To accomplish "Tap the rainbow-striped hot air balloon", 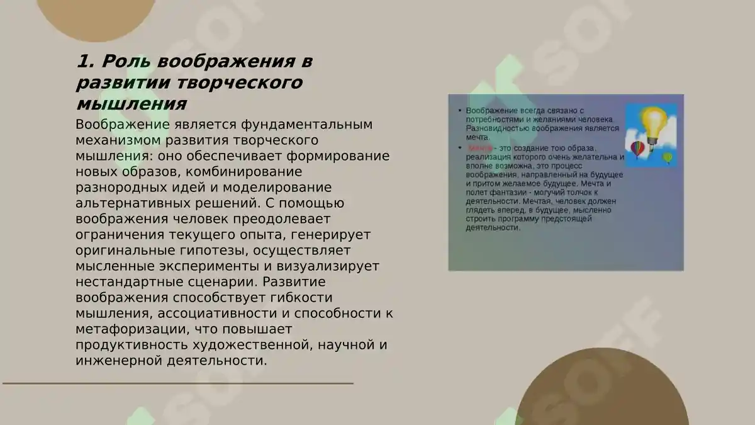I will point(637,149).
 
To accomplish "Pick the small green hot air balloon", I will point(668,157).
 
